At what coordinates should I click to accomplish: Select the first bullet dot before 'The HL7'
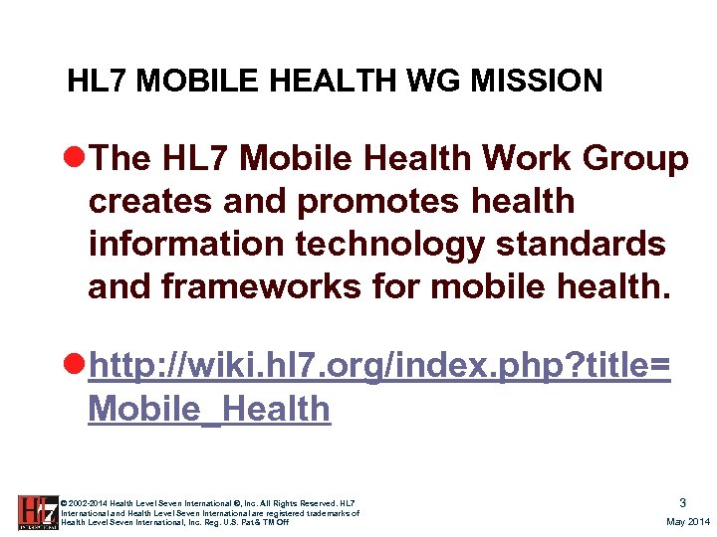click(75, 158)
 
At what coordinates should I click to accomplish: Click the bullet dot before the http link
click(75, 367)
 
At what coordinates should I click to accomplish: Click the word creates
click(149, 201)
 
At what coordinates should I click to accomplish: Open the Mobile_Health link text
click(209, 409)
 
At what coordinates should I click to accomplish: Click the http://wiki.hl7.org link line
click(378, 367)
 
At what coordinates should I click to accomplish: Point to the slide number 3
click(682, 503)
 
